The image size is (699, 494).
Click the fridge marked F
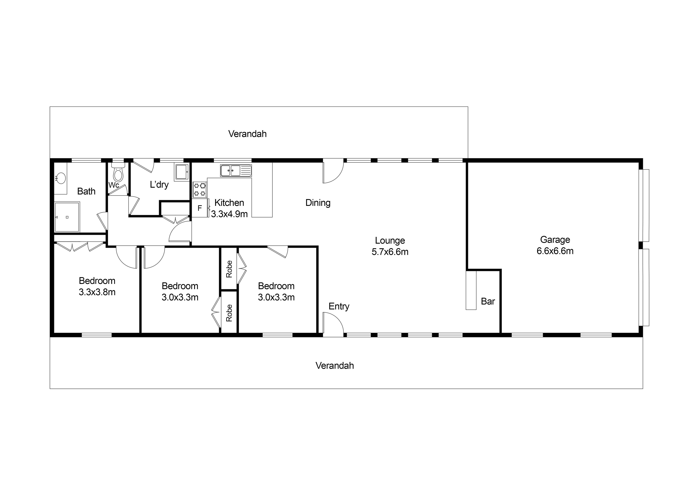click(x=200, y=208)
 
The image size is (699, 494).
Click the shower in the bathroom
click(x=67, y=217)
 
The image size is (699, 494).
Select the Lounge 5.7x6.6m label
click(x=390, y=246)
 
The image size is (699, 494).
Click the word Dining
click(x=318, y=203)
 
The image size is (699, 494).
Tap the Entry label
click(x=339, y=306)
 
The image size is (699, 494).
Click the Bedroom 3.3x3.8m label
click(x=97, y=286)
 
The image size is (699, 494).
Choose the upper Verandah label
click(x=248, y=134)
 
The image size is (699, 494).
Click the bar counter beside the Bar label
click(x=471, y=290)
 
